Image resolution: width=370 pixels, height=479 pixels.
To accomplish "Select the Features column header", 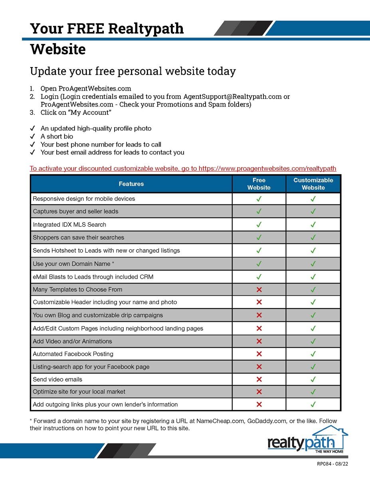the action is [131, 184].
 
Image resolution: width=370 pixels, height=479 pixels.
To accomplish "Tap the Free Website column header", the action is [259, 184].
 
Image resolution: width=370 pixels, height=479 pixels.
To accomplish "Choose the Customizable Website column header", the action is [313, 184].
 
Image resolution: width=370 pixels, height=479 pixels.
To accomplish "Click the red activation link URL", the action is [267, 168].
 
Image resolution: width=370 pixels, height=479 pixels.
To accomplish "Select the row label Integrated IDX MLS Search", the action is [69, 225].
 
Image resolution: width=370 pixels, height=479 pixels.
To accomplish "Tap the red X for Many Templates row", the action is [259, 289].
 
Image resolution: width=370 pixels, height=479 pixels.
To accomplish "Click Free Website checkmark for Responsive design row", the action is [259, 199].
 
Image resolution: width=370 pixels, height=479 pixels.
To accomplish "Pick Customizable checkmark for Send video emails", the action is [313, 379].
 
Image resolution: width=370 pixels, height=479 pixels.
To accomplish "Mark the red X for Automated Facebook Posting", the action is [259, 354].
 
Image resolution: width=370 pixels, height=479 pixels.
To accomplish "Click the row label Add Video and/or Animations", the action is [72, 341].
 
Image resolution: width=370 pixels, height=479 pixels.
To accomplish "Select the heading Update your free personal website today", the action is [133, 71].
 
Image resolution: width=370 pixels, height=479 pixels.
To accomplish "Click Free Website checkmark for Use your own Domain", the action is [259, 263].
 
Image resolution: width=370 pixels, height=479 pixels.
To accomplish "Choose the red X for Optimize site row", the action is [259, 392].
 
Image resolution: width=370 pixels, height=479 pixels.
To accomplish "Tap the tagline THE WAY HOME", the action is [329, 451].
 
